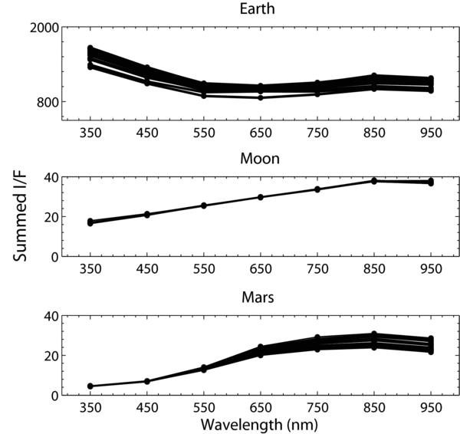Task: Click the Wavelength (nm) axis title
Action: click(260, 423)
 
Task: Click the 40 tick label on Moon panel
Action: click(51, 177)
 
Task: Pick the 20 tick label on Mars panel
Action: click(51, 356)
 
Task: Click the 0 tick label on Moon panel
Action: click(55, 257)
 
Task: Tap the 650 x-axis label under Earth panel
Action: click(260, 133)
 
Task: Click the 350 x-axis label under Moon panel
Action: click(90, 271)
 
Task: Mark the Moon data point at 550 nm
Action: click(203, 205)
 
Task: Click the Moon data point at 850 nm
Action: click(373, 181)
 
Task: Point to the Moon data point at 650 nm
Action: click(260, 197)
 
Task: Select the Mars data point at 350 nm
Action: click(90, 386)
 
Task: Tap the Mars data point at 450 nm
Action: click(146, 381)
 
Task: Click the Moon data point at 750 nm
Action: click(317, 189)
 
